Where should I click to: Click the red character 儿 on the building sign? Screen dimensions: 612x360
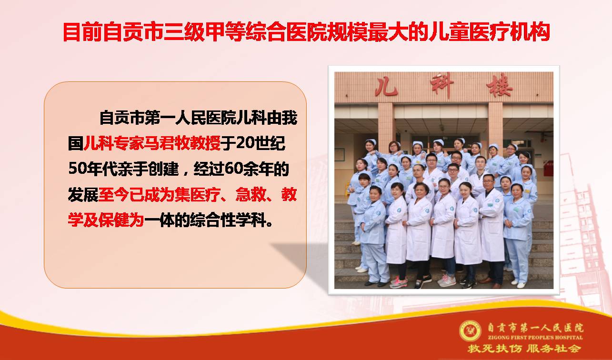click(386, 87)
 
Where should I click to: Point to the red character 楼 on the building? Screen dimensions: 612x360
click(499, 86)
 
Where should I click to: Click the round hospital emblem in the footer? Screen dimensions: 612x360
click(470, 331)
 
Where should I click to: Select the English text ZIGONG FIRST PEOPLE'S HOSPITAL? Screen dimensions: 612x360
click(535, 338)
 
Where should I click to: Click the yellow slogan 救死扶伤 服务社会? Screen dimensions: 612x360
click(524, 349)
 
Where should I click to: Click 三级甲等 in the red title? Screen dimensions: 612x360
click(204, 32)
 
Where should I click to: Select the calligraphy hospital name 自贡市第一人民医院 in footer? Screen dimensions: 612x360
click(535, 328)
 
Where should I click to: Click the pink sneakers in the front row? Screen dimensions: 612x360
click(399, 282)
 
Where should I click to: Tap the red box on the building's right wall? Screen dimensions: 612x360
click(548, 169)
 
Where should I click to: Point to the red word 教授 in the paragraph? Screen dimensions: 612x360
click(205, 143)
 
